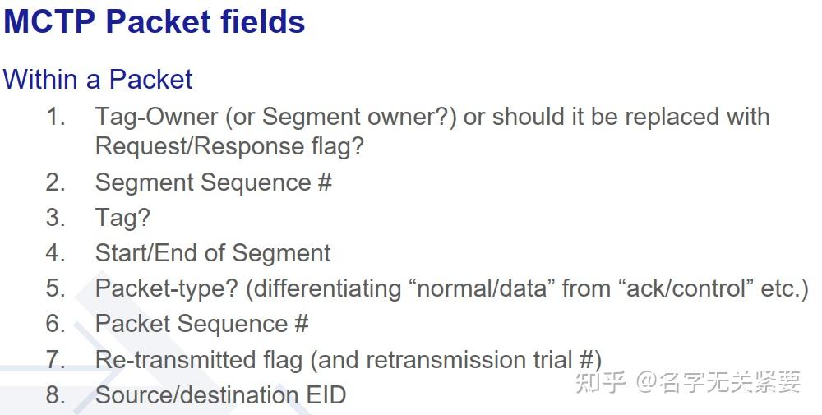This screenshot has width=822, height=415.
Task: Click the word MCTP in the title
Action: (x=49, y=22)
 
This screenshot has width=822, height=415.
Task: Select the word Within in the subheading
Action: (x=40, y=80)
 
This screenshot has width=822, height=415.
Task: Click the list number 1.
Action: (x=55, y=117)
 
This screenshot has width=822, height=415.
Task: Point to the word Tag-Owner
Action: (x=156, y=117)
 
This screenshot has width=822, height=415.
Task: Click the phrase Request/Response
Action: (x=200, y=146)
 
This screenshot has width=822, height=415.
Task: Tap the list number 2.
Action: (x=55, y=183)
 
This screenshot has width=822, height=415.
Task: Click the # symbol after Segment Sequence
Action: (x=325, y=183)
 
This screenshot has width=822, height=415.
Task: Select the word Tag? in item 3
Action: (x=122, y=218)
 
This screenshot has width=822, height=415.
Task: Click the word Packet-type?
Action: (x=167, y=288)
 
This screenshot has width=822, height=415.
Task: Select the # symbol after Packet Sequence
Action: (x=301, y=324)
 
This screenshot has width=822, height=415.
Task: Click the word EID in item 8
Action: (x=326, y=395)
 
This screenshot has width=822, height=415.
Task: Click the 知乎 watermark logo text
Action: (x=601, y=382)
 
